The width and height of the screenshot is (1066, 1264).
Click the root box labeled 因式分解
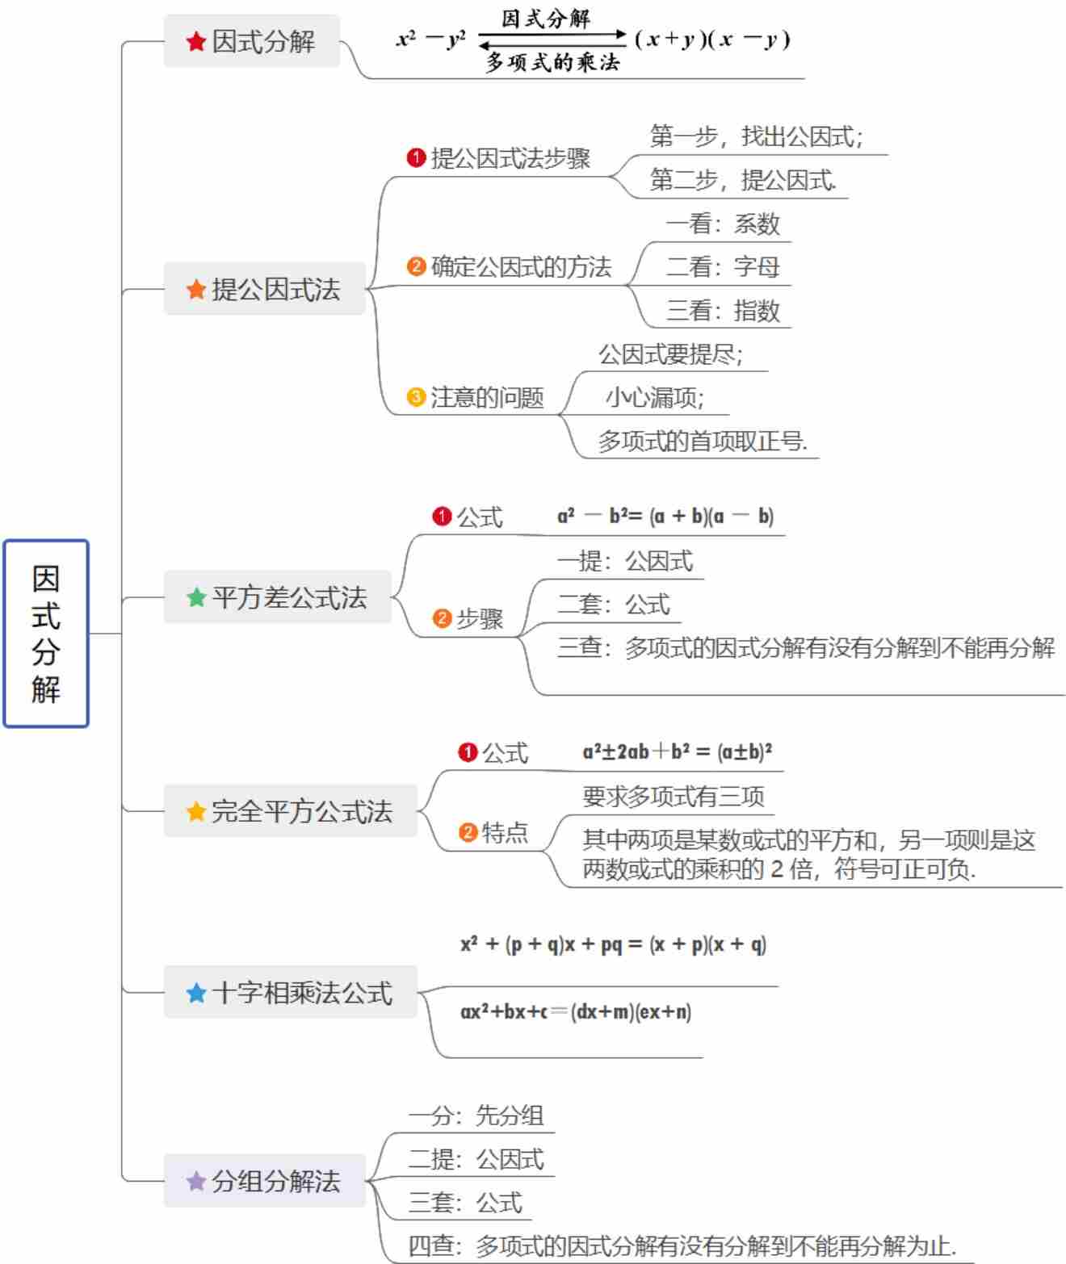46,634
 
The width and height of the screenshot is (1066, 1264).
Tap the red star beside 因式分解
195,41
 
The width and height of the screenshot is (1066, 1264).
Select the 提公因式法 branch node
265,289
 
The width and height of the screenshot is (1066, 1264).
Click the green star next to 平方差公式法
196,597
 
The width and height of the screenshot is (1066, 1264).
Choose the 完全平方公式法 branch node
291,810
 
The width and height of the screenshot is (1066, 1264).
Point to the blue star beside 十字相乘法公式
196,992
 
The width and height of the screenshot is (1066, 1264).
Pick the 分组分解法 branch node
265,1181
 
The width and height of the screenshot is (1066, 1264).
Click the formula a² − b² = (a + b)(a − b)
665,516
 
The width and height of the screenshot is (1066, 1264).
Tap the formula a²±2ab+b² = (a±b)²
677,751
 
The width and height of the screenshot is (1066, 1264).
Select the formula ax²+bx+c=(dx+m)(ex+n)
576,1011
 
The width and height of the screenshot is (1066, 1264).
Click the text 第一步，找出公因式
756,136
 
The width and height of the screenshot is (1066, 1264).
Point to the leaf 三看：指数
723,311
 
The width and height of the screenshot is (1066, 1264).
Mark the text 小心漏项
655,397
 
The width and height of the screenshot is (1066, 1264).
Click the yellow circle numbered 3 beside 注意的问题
416,397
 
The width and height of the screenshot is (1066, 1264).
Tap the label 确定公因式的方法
521,267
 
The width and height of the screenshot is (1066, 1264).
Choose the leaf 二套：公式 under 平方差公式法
614,605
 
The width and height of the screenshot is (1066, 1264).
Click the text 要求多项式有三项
674,797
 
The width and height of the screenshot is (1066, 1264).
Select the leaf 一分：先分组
476,1115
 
